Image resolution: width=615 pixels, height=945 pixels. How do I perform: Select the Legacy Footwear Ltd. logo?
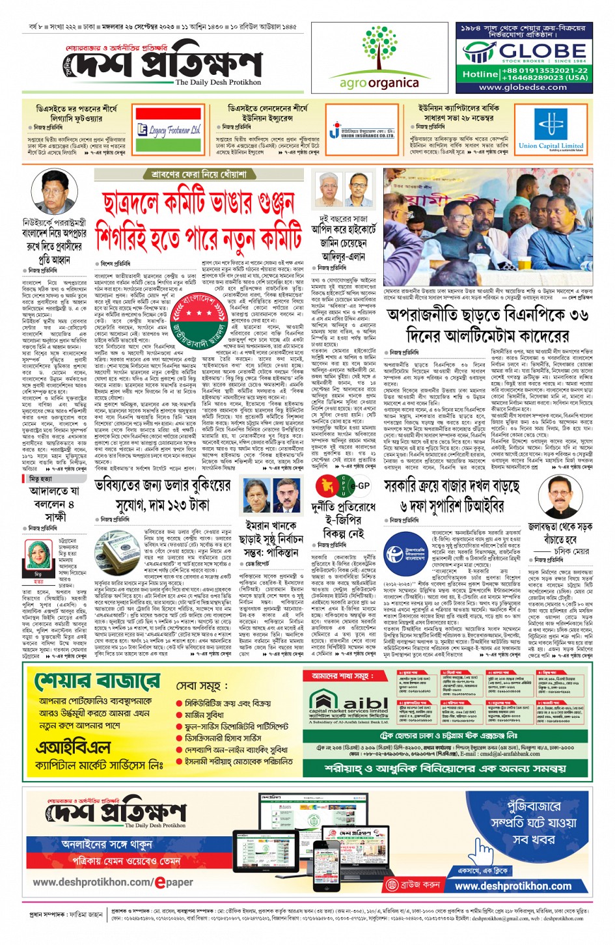coord(169,130)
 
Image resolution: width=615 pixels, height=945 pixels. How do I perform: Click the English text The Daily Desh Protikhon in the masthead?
coord(218,83)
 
